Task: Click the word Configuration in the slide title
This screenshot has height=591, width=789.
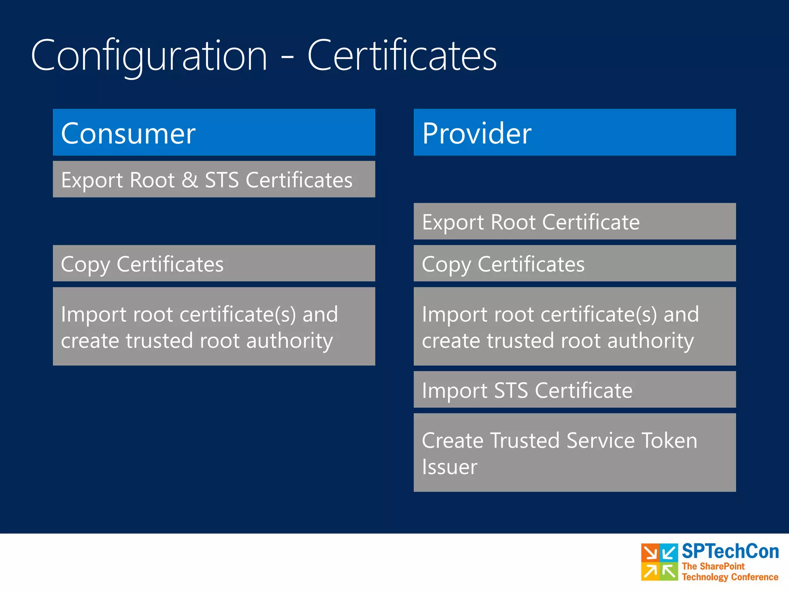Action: point(149,56)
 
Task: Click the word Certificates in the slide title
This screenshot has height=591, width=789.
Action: point(402,56)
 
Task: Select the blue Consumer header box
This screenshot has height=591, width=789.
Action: point(214,132)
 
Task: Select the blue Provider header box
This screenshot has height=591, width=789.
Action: point(574,132)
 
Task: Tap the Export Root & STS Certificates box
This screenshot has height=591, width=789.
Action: point(214,179)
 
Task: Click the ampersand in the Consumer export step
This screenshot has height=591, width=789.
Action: point(190,180)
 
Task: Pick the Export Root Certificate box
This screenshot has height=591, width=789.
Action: point(574,221)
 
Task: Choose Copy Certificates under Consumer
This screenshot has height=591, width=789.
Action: point(214,264)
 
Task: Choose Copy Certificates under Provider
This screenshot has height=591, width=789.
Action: point(574,264)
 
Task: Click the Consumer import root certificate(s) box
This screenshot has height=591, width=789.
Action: point(214,326)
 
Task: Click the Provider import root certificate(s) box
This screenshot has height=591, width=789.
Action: point(574,326)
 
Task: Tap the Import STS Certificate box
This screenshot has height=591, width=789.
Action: point(574,389)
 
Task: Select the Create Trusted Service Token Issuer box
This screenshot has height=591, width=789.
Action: point(574,452)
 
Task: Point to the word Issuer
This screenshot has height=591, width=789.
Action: point(449,467)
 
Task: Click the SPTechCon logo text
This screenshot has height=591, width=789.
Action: point(730,551)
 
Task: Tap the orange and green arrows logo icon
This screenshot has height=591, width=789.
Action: point(659,562)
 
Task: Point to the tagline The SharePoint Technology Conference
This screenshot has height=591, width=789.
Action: point(730,572)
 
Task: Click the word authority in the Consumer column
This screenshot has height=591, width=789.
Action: point(289,341)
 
